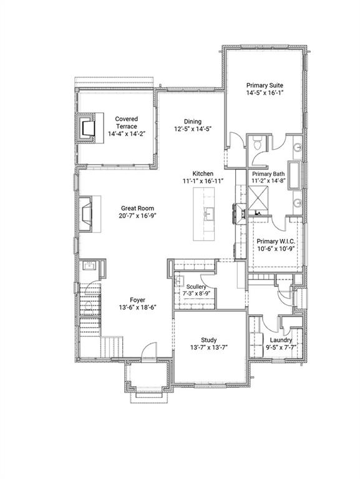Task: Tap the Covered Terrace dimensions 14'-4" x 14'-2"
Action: click(126, 133)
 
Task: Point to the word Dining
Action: click(192, 122)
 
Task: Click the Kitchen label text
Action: click(203, 173)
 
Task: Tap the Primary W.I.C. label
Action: click(276, 241)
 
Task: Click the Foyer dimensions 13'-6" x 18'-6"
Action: click(138, 308)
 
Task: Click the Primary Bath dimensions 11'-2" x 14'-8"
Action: click(268, 181)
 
